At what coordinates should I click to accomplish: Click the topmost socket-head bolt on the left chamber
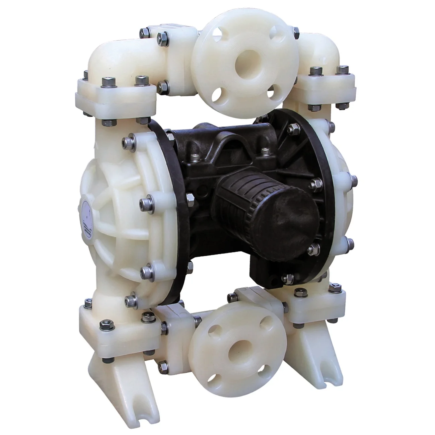(129, 139)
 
